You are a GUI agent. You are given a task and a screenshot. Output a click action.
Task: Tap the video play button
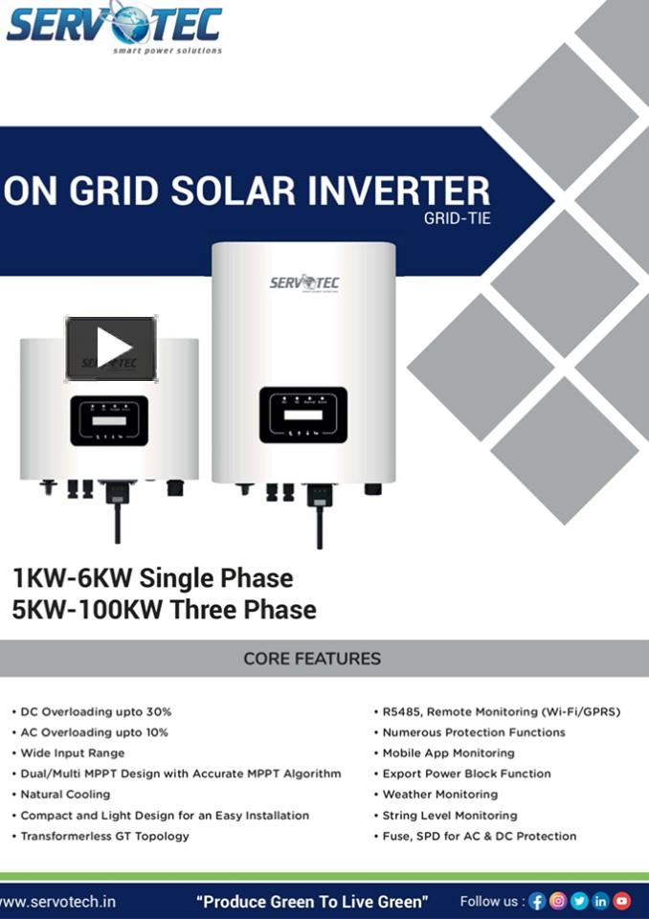(x=111, y=347)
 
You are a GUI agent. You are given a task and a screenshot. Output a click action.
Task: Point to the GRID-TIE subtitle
(x=458, y=218)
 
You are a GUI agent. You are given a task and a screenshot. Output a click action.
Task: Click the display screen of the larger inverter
(x=302, y=415)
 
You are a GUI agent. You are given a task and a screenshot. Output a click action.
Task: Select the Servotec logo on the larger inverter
(x=303, y=283)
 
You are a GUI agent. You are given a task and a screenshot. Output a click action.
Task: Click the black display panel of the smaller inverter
(x=109, y=420)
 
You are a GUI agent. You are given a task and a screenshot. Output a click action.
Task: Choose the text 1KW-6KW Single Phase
(x=152, y=578)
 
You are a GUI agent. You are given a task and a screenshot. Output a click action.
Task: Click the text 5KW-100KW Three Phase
(x=164, y=609)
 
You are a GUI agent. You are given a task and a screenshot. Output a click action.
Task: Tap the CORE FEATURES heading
(x=312, y=659)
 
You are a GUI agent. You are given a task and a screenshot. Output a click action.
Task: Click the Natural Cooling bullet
(x=65, y=795)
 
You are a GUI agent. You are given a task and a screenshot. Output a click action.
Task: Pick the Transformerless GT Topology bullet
(x=104, y=836)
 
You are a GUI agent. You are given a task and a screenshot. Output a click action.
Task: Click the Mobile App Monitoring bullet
(x=448, y=753)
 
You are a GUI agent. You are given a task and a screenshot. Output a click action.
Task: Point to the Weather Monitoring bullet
(x=439, y=795)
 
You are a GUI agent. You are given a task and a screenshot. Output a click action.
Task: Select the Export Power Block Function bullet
(x=466, y=773)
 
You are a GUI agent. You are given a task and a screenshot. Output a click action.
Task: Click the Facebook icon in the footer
(x=537, y=901)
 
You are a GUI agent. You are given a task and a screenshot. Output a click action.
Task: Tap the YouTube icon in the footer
(x=622, y=901)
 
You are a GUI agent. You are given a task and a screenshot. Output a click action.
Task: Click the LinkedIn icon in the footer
(x=600, y=901)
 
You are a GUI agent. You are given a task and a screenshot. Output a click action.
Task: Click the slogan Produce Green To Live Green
(x=312, y=901)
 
